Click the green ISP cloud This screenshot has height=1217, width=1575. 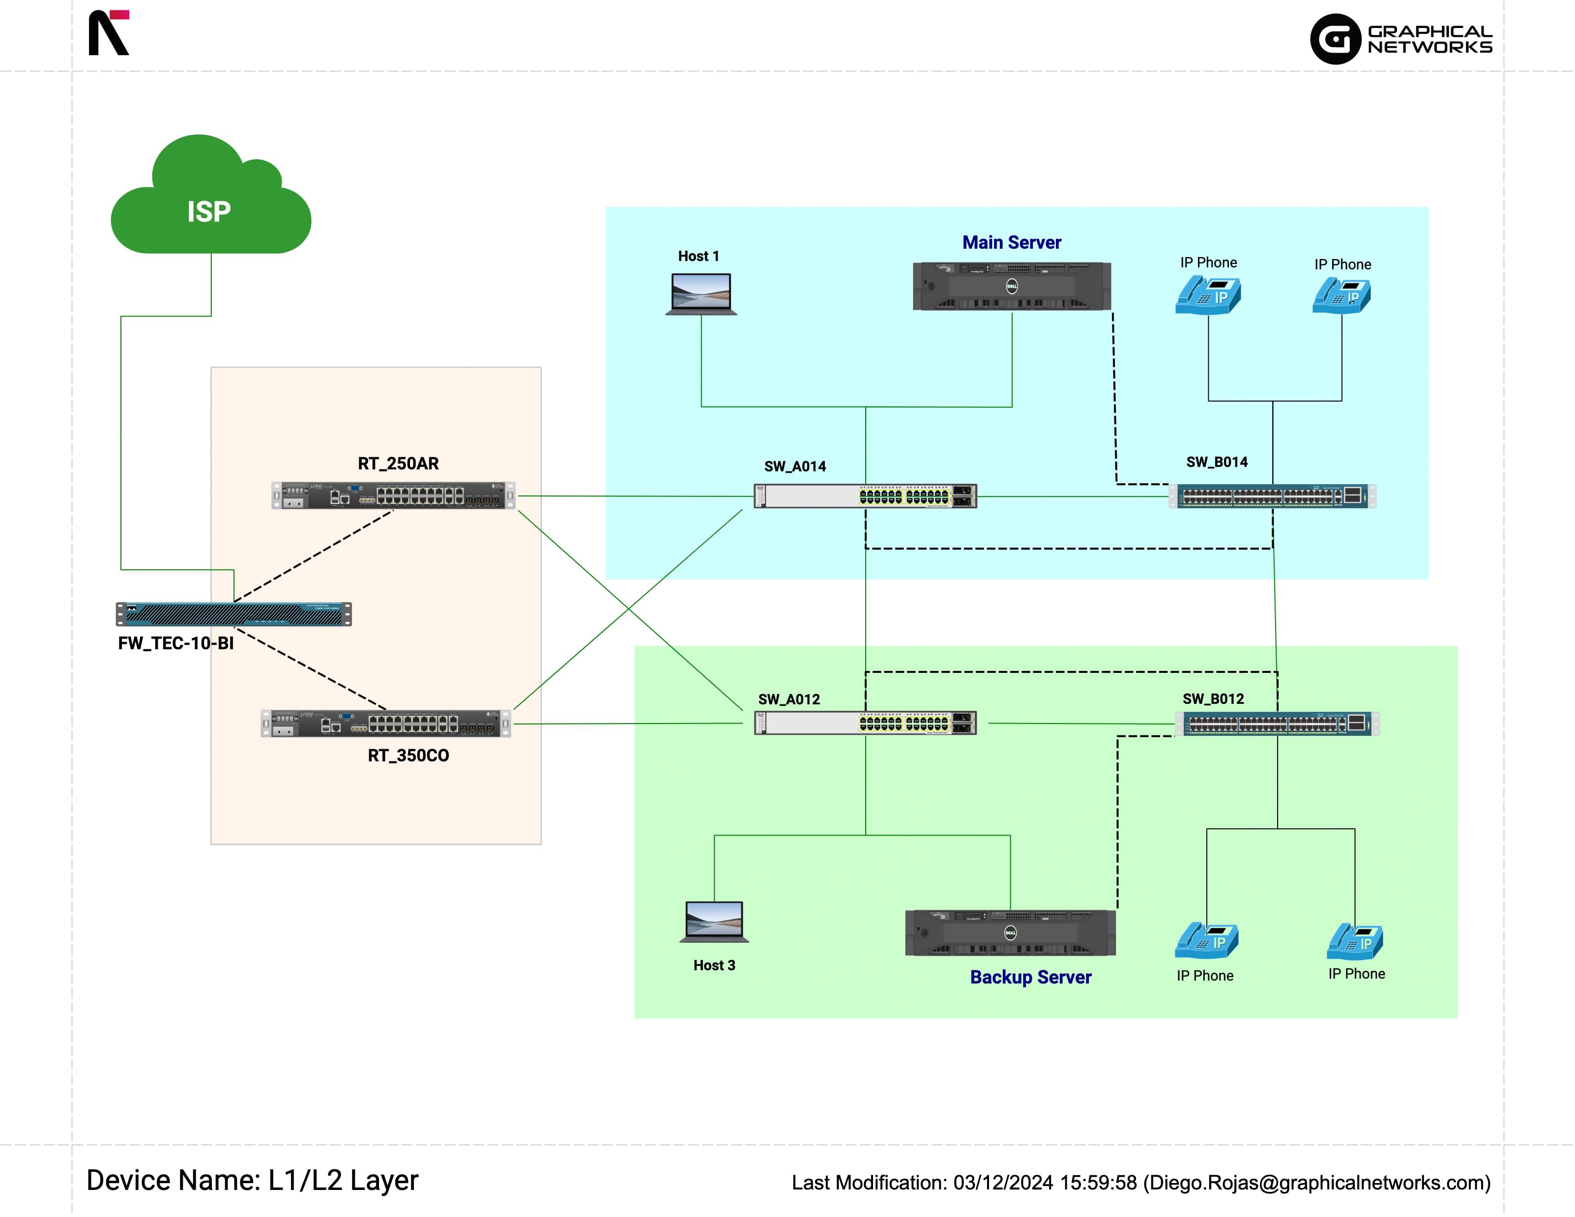pos(210,202)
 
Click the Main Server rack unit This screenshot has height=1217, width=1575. pos(1011,286)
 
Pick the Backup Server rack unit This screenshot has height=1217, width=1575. pos(1010,932)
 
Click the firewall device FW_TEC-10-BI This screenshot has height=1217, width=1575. pos(233,613)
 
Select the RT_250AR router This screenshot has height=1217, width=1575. pos(393,495)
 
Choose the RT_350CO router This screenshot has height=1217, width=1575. pos(386,723)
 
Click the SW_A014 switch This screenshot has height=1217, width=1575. pos(865,496)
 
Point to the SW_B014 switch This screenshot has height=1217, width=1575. pos(1272,496)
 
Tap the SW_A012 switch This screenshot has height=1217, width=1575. pos(865,723)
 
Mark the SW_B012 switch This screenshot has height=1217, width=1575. pos(1277,723)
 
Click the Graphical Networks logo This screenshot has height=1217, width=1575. pos(1400,39)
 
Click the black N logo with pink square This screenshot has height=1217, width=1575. pos(108,32)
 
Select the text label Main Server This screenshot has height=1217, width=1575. pos(1011,242)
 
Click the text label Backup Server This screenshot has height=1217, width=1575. pos(1030,977)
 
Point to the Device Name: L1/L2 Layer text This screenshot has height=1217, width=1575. pos(252,1180)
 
